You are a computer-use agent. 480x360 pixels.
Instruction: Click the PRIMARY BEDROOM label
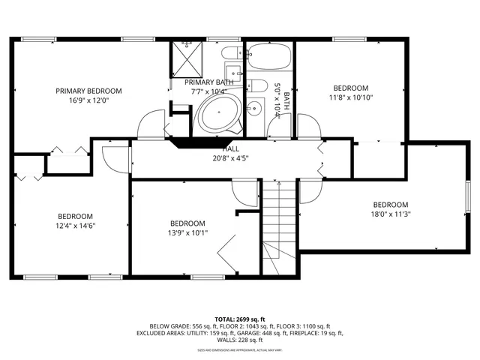pyautogui.click(x=88, y=91)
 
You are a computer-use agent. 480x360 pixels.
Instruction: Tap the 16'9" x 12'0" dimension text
pyautogui.click(x=88, y=100)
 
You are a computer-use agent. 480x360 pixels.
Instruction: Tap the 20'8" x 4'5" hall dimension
pyautogui.click(x=230, y=157)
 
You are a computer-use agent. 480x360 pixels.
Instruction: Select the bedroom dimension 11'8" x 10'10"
pyautogui.click(x=351, y=97)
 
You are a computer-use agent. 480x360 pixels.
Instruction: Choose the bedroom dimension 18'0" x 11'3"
pyautogui.click(x=391, y=214)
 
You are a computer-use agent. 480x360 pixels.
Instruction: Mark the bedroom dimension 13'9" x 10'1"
pyautogui.click(x=187, y=232)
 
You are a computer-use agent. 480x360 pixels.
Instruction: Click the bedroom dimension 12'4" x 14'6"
pyautogui.click(x=76, y=225)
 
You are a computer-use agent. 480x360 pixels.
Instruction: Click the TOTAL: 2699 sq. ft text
pyautogui.click(x=239, y=319)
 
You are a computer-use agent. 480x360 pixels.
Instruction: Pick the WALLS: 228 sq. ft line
pyautogui.click(x=240, y=340)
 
